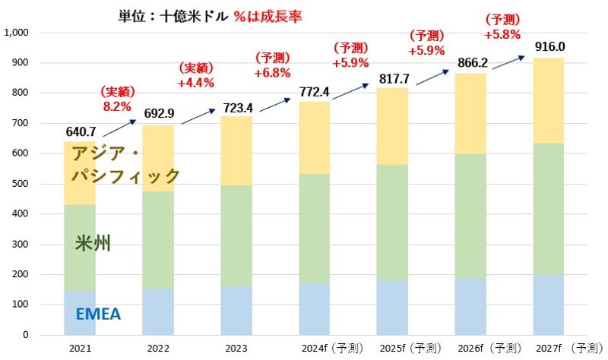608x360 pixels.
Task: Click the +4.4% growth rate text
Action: [x=195, y=83]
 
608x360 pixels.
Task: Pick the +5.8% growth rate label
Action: [x=502, y=34]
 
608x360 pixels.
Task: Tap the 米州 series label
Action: [x=93, y=243]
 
